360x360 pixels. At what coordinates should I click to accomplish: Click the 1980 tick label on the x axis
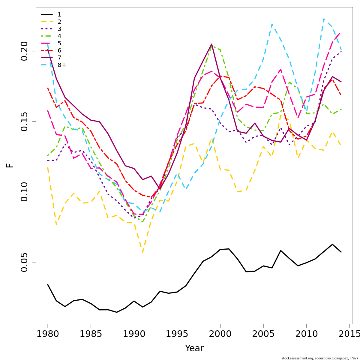tap(48, 334)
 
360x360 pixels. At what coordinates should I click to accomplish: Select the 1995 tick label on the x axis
tap(177, 334)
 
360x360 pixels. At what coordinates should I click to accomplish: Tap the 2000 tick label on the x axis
tap(220, 334)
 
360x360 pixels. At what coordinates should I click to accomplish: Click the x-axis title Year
tap(194, 348)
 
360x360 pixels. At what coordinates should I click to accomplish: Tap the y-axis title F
tap(10, 165)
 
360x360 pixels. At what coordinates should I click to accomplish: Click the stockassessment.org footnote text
tap(320, 358)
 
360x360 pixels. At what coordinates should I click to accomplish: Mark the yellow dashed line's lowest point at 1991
tap(142, 252)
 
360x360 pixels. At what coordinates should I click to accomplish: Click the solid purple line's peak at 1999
tap(211, 44)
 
